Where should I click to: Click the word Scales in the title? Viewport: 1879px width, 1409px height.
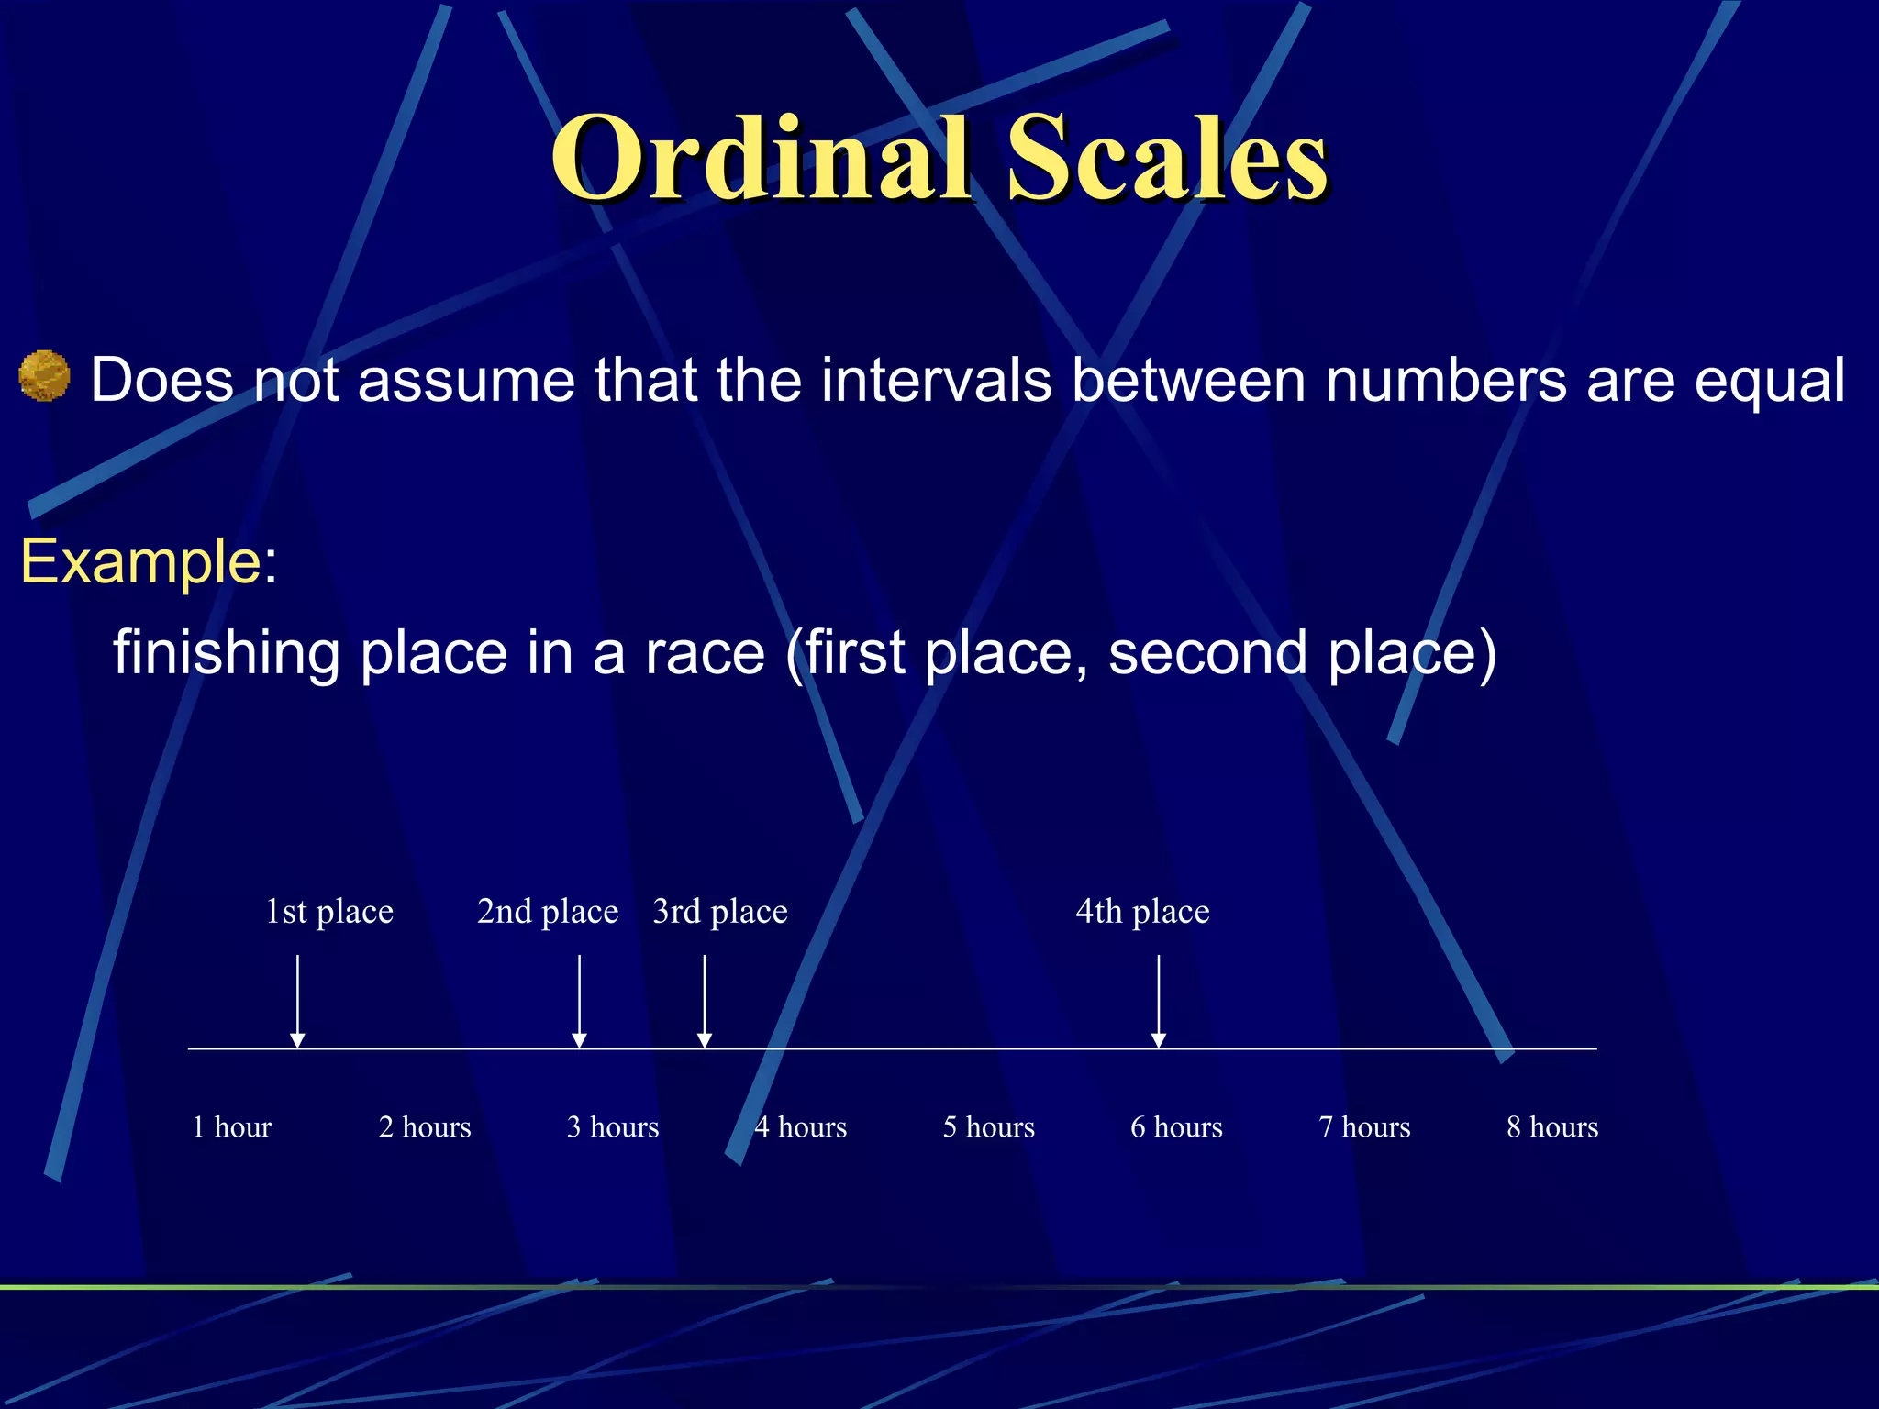tap(1166, 158)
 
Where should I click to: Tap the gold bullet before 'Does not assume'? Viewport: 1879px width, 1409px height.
tap(44, 376)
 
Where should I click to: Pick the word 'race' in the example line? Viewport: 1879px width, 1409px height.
tap(705, 653)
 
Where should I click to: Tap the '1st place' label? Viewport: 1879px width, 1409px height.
tap(329, 911)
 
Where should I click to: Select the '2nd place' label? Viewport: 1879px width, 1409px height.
tap(548, 911)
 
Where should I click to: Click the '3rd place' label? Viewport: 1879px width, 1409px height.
tap(720, 911)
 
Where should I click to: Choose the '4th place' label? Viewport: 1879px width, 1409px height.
tap(1142, 911)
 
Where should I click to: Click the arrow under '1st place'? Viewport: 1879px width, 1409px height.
tap(297, 1001)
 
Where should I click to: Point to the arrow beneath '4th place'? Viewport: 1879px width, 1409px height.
tap(1159, 1001)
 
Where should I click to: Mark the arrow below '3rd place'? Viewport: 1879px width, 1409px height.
tap(705, 1001)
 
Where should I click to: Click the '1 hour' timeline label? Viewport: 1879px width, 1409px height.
tap(232, 1126)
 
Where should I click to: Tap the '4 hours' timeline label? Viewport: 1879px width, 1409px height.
tap(801, 1126)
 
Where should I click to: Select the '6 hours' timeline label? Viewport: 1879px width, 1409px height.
tap(1176, 1126)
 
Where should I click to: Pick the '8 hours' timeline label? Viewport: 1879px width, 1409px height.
tap(1552, 1126)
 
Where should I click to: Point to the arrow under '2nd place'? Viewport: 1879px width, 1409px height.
tap(579, 1001)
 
